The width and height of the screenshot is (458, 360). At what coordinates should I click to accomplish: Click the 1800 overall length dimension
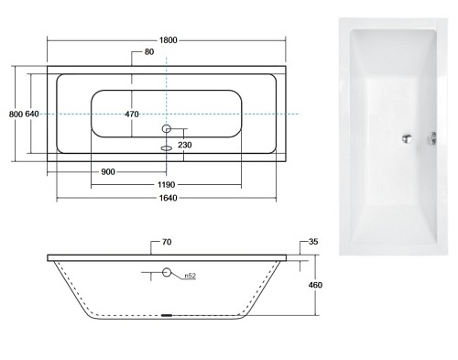click(x=168, y=40)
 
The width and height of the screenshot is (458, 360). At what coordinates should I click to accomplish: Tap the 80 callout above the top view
click(x=149, y=52)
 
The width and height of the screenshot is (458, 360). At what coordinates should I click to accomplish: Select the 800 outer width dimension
click(x=16, y=115)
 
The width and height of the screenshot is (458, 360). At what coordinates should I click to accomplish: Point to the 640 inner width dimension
click(x=32, y=114)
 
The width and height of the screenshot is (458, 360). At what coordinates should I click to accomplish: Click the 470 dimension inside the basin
click(x=132, y=115)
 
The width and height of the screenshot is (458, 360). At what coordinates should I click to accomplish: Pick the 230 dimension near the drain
click(x=185, y=145)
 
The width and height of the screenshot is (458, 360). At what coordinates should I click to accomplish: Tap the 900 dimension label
click(x=108, y=172)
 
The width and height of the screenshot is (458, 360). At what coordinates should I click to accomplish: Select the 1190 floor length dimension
click(x=167, y=185)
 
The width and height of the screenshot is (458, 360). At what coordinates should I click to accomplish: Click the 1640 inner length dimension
click(x=169, y=198)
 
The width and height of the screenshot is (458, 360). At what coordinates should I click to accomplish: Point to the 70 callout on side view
click(x=167, y=242)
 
